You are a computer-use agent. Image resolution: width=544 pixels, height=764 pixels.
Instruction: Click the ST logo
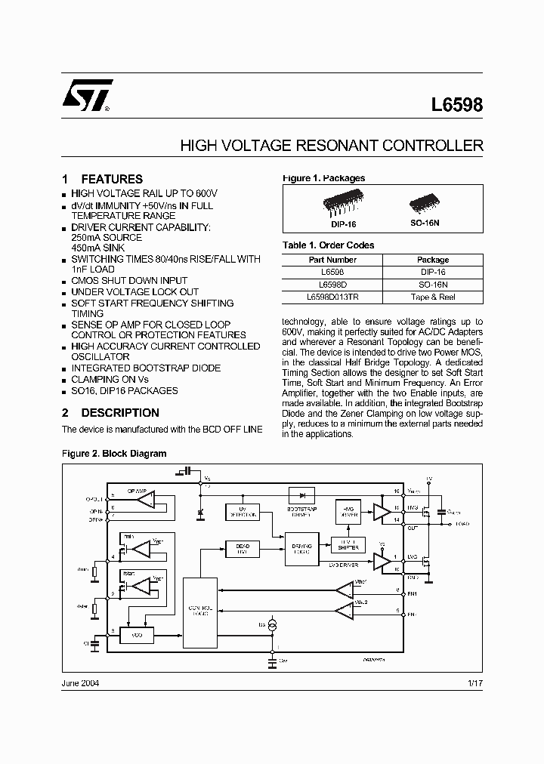tap(86, 96)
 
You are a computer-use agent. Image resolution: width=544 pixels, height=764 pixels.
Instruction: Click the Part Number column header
tap(332, 260)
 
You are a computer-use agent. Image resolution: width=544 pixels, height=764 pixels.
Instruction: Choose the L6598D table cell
tap(332, 285)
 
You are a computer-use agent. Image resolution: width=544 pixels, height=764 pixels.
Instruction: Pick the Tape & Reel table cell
tap(433, 297)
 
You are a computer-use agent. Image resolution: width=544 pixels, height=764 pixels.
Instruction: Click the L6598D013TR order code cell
tap(332, 297)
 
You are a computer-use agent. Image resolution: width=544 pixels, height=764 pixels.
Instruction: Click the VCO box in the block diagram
tap(137, 636)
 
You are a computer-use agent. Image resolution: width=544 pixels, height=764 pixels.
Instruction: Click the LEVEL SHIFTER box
tap(348, 544)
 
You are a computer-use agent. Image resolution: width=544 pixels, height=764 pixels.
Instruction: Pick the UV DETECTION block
tap(243, 511)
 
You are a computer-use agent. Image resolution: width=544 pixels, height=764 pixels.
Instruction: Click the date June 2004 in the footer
tap(79, 682)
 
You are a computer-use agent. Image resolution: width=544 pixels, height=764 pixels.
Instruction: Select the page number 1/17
tap(475, 682)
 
